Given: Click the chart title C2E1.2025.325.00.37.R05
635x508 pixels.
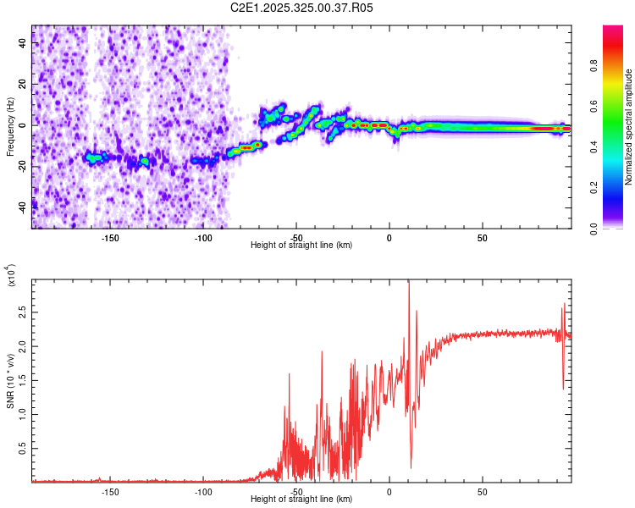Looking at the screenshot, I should pos(301,8).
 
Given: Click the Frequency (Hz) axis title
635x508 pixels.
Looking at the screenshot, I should pos(10,127).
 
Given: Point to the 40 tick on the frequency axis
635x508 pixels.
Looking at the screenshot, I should pos(23,44).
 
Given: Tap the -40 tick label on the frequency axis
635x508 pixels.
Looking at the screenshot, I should pos(23,207).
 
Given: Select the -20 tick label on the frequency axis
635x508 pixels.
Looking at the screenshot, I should pos(23,166).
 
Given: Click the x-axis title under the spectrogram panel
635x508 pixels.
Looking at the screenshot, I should pos(301,245).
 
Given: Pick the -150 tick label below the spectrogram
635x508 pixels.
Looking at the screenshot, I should pos(110,238).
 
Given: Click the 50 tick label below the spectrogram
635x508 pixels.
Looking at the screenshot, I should pos(482,238).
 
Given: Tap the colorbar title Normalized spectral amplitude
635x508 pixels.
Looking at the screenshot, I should pos(628,127).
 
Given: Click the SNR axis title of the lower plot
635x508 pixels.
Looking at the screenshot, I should pos(10,381).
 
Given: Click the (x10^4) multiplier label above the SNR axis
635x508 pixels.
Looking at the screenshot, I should pos(12,275).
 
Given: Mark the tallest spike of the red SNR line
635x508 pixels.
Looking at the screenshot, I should pos(409,282).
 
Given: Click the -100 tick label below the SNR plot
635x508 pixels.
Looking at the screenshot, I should pos(203,491).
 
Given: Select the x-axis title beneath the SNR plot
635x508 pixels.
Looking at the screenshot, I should pos(301,500).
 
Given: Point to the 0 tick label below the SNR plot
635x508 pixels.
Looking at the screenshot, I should pos(389,491).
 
